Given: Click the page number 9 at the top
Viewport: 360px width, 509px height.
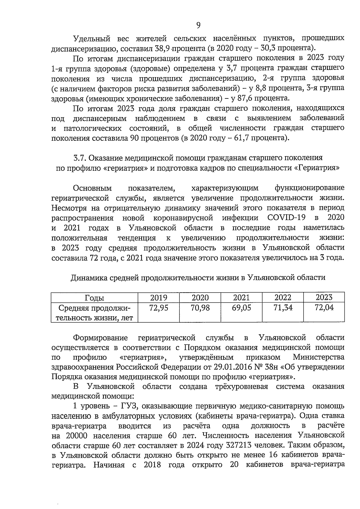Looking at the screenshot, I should pos(198,26).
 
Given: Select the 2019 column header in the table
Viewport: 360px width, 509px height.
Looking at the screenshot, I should pos(158,297).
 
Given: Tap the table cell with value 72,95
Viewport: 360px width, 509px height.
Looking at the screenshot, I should pos(158,308).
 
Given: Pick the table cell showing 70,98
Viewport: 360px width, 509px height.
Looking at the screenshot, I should pos(200,308).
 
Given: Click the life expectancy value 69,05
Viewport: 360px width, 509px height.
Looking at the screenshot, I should pos(241,308).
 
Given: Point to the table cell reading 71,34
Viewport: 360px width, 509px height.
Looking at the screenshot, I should pos(283,308).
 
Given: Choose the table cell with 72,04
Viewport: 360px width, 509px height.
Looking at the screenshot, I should pos(324,308).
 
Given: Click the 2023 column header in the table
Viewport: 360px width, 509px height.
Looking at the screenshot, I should pos(324,297).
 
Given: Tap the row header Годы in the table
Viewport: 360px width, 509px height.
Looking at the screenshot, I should pos(94,298).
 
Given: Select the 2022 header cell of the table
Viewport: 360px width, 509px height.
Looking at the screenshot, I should pos(283,297).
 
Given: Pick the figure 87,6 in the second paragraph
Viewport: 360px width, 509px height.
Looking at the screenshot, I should pos(243,98).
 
